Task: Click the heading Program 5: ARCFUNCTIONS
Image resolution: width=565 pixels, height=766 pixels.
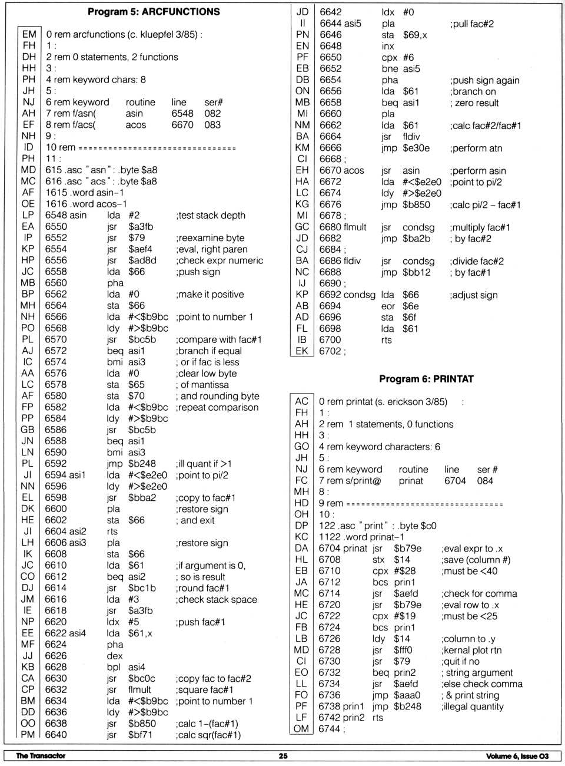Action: [154, 11]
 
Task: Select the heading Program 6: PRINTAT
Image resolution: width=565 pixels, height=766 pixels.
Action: [426, 379]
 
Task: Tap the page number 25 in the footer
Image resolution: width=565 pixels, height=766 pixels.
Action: [283, 756]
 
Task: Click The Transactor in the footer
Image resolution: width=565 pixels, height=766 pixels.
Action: [41, 756]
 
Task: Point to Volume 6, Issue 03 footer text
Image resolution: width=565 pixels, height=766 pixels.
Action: [517, 756]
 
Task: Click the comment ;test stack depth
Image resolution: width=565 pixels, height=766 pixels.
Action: [210, 215]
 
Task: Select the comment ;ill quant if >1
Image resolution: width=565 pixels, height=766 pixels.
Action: [204, 464]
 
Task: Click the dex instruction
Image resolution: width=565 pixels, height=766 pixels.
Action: [115, 656]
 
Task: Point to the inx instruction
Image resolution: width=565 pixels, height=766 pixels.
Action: [387, 46]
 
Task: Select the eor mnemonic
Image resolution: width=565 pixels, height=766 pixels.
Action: [387, 306]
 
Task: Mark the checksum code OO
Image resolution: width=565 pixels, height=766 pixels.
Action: [28, 724]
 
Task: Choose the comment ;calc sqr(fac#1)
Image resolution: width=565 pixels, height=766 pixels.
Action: [208, 735]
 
